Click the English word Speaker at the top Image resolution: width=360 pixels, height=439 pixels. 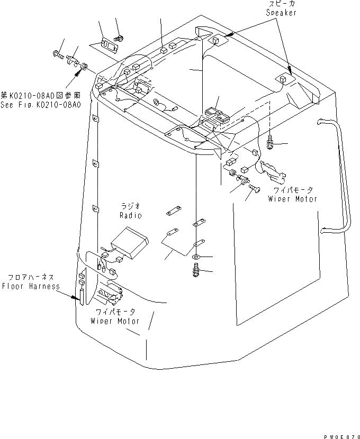(281, 13)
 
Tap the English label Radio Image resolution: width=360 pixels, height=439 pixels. (131, 215)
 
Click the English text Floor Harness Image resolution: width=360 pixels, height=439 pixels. (30, 286)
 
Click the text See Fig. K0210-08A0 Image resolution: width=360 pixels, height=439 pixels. (41, 105)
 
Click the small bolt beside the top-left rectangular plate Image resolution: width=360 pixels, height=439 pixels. (121, 38)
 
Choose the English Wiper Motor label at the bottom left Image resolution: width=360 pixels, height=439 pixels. (114, 321)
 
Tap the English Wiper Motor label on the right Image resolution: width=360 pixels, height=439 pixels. (292, 199)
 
